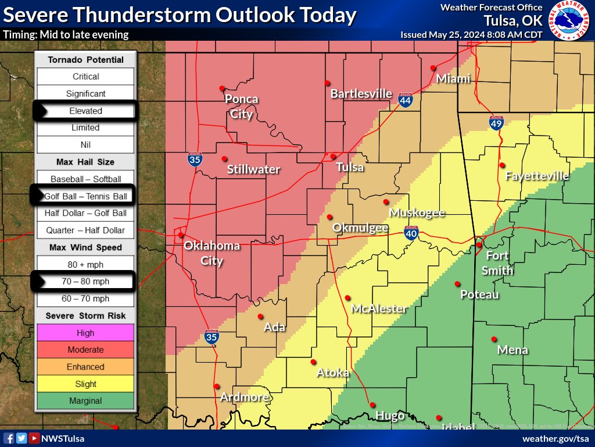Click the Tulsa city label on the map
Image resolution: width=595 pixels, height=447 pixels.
click(350, 168)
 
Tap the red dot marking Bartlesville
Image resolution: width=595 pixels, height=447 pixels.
click(328, 83)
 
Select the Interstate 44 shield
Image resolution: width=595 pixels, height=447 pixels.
click(406, 101)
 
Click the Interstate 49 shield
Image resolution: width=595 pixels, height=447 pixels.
click(496, 122)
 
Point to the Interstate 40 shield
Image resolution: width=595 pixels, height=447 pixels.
click(411, 233)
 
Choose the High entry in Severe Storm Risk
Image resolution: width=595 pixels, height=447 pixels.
click(85, 333)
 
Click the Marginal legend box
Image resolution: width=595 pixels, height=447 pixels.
click(85, 400)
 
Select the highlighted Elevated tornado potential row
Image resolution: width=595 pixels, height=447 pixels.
click(85, 111)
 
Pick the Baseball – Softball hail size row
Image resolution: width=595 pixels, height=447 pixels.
click(85, 179)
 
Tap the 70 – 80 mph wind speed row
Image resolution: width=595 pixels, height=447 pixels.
click(85, 282)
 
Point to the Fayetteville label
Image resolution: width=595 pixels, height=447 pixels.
click(536, 176)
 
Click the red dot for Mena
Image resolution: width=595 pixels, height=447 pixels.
click(494, 339)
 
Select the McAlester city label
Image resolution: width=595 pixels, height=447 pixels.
click(378, 308)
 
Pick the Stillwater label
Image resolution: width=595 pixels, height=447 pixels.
click(253, 170)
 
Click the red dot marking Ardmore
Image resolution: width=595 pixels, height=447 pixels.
click(216, 386)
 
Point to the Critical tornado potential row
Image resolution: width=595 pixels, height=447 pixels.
click(85, 76)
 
